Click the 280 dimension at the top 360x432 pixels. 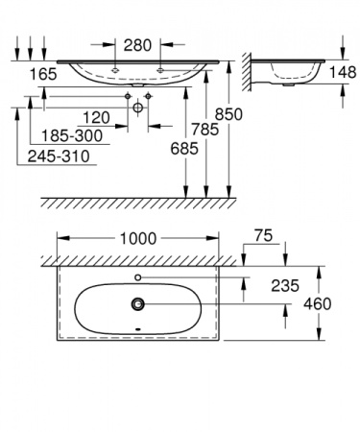(x=137, y=44)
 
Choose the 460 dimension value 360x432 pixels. (x=317, y=304)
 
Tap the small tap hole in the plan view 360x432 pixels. (x=139, y=277)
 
